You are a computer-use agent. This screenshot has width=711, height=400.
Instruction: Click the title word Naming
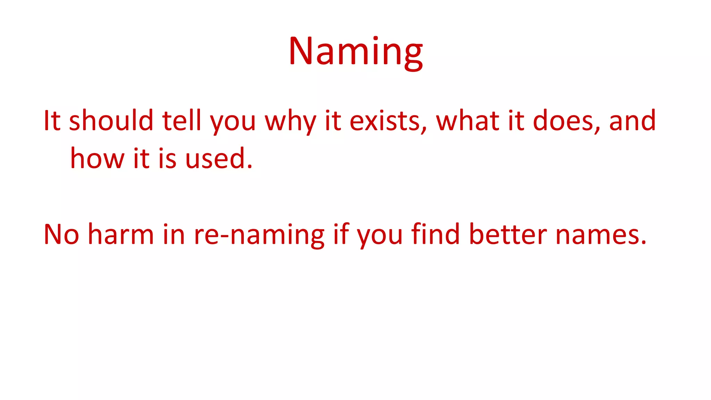pos(355,52)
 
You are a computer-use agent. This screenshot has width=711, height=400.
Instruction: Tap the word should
pos(111,120)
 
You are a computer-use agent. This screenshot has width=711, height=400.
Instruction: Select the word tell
pos(182,120)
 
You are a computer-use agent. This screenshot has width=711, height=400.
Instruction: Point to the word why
pos(291,122)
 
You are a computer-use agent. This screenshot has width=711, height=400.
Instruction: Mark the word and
pos(633,120)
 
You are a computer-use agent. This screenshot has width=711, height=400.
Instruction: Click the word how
pos(97,158)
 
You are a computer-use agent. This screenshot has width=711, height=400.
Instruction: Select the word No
pos(61,234)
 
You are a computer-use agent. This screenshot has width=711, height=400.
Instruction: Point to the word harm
pos(121,234)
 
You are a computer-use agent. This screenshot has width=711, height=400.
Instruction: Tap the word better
pos(508,234)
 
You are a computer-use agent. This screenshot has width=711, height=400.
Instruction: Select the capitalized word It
pos(52,120)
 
